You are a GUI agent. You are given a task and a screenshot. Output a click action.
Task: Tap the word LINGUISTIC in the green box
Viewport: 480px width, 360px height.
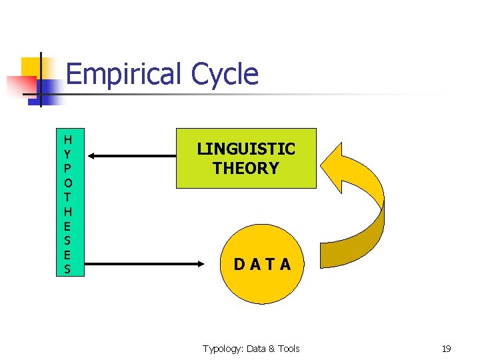[246, 149]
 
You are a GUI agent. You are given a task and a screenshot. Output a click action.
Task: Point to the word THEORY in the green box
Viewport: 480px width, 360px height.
[246, 168]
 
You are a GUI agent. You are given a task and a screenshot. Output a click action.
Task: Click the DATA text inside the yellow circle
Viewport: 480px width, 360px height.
[262, 265]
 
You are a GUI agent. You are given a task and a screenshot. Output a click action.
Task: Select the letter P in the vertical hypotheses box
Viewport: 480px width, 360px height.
[67, 167]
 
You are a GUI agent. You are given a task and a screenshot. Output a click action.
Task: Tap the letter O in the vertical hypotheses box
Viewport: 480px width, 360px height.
[67, 181]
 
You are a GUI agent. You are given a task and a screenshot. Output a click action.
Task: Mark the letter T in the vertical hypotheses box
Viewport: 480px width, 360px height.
[67, 196]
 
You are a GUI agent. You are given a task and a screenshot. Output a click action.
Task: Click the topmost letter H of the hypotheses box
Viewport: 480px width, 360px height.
[67, 139]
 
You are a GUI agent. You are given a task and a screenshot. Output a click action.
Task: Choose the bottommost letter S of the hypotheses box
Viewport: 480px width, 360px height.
[67, 269]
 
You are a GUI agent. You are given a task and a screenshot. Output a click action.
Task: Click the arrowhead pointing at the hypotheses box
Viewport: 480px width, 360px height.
[93, 156]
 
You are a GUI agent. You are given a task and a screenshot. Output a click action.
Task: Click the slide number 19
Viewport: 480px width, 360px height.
[446, 349]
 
